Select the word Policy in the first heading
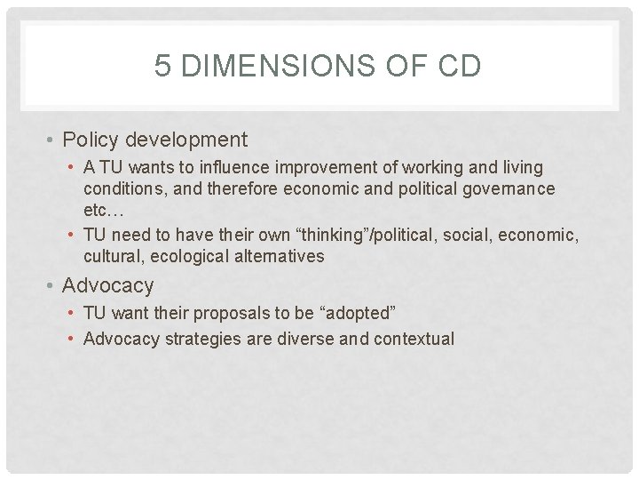[92, 140]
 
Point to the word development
[186, 140]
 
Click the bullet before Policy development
[53, 140]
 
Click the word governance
[509, 188]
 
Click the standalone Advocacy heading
[108, 285]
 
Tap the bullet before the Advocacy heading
[53, 286]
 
